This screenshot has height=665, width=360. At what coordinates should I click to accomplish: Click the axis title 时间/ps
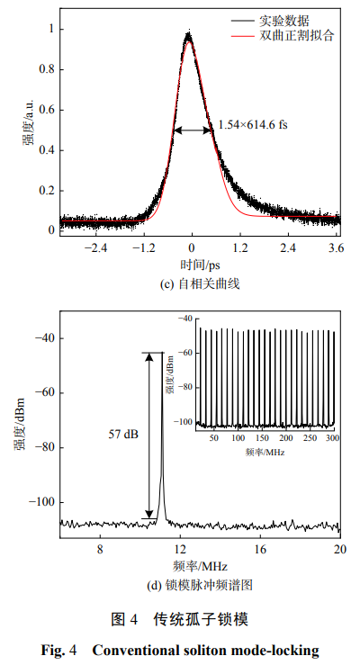click(199, 265)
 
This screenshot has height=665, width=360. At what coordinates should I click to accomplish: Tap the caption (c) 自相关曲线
click(199, 283)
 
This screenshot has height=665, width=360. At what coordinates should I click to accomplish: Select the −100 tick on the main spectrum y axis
click(42, 502)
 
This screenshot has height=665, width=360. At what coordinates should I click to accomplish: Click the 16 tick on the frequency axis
click(260, 549)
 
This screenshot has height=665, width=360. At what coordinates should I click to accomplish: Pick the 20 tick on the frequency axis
click(339, 549)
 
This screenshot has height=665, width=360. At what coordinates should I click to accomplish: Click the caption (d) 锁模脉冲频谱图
click(199, 585)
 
